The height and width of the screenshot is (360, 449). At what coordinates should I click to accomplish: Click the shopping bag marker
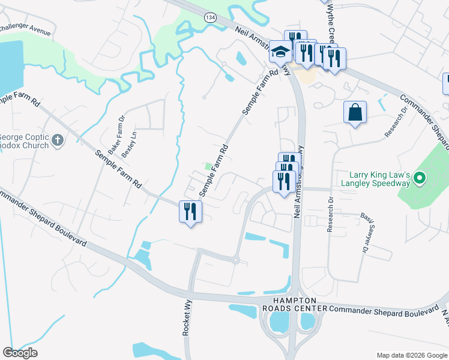pyautogui.click(x=355, y=112)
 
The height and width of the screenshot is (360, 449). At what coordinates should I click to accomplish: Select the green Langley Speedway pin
pyautogui.click(x=420, y=178)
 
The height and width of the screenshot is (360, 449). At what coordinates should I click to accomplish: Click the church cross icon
pyautogui.click(x=58, y=140)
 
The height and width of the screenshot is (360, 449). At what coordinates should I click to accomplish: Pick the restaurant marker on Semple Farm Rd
pyautogui.click(x=191, y=211)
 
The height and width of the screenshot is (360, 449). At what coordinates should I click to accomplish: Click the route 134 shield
pyautogui.click(x=210, y=18)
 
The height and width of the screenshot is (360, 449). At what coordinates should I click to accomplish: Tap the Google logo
pyautogui.click(x=20, y=353)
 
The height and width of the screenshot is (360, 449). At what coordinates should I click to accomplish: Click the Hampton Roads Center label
pyautogui.click(x=294, y=304)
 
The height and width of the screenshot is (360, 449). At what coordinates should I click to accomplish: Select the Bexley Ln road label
pyautogui.click(x=129, y=145)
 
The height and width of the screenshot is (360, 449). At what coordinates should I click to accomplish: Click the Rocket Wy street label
pyautogui.click(x=187, y=318)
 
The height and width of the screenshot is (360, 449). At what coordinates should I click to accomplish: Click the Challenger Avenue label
pyautogui.click(x=25, y=28)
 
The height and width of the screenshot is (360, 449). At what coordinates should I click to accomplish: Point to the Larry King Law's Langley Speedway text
pyautogui.click(x=375, y=178)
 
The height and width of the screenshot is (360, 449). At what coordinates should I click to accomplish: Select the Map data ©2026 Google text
pyautogui.click(x=411, y=355)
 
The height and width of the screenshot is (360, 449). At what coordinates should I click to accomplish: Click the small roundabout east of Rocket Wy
pyautogui.click(x=236, y=260)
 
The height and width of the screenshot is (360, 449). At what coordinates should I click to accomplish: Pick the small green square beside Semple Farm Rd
pyautogui.click(x=208, y=167)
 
